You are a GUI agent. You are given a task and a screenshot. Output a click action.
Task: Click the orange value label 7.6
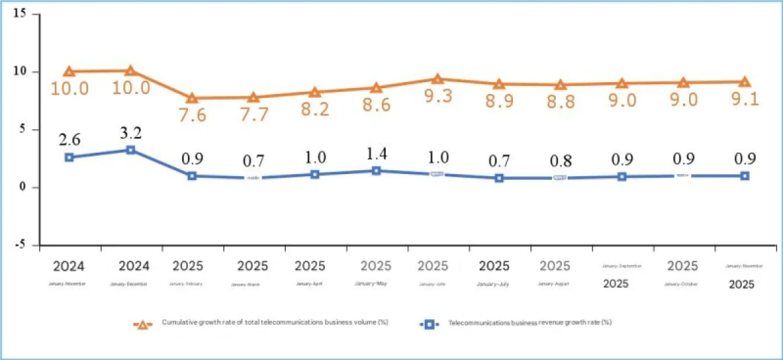[192, 116]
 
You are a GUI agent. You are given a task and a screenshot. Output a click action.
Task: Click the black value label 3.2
[132, 134]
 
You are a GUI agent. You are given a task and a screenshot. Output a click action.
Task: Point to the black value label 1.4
[377, 155]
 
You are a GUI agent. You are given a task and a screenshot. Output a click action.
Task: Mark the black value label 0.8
[560, 160]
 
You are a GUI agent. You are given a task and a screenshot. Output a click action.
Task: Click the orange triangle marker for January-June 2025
[437, 80]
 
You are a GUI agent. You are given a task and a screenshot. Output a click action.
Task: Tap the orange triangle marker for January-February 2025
[192, 98]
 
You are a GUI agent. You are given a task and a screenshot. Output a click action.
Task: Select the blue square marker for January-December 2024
[130, 150]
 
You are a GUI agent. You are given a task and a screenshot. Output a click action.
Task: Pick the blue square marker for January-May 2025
[376, 171]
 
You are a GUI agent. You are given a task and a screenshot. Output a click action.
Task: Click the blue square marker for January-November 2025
[745, 176]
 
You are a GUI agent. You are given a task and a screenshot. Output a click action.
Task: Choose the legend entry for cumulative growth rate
[261, 323]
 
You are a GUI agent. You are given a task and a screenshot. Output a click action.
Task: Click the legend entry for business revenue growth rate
[515, 323]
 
